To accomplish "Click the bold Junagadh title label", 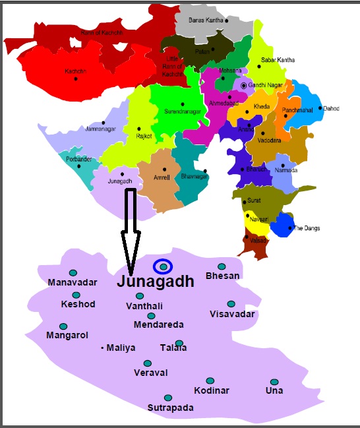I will [156, 282].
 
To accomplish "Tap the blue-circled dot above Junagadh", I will [163, 266].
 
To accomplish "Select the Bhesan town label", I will [222, 276].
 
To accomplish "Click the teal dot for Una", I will [274, 382].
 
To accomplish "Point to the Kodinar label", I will [212, 390].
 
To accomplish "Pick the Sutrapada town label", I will [171, 408].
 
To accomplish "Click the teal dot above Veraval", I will [148, 363].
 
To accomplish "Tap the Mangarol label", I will [67, 336].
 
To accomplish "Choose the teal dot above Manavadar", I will [73, 272].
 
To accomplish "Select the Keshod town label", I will [78, 304].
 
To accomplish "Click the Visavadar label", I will [232, 314].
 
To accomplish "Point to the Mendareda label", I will [158, 324].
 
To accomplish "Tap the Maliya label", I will [121, 347].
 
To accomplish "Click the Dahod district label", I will [331, 108].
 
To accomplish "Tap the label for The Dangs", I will [306, 228].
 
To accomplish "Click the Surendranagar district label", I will [181, 111].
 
